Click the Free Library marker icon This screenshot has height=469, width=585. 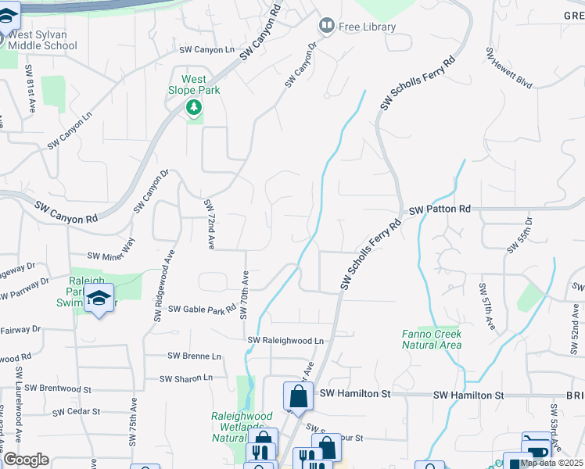[327, 27]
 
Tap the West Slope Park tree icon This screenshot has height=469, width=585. [193, 106]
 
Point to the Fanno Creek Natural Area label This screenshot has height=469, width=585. [432, 339]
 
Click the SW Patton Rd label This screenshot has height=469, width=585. [440, 209]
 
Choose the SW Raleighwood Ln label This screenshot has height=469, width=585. [285, 341]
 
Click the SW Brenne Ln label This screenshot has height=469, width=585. [195, 356]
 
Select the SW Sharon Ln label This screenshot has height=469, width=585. [186, 378]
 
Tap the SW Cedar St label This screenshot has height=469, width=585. [77, 411]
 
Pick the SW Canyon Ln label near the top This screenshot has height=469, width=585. [206, 50]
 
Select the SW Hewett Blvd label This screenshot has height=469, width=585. [509, 68]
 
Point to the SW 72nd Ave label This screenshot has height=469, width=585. [210, 224]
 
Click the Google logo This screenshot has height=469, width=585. [26, 460]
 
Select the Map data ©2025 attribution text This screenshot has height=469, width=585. [551, 463]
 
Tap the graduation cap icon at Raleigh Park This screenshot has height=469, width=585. [99, 298]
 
